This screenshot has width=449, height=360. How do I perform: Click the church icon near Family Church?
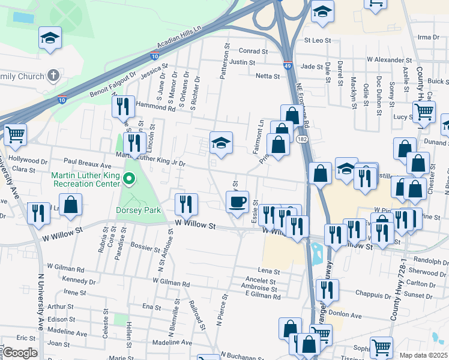click(x=54, y=76)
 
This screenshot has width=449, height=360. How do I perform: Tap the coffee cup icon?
click(x=237, y=202)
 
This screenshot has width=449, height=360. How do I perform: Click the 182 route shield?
click(x=301, y=139)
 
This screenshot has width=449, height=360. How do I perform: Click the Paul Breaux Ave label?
click(x=88, y=165)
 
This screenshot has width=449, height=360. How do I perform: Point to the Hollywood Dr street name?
click(x=28, y=161)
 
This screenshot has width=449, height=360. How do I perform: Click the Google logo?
click(x=20, y=353)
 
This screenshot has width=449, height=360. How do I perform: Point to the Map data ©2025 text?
click(x=423, y=355)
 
